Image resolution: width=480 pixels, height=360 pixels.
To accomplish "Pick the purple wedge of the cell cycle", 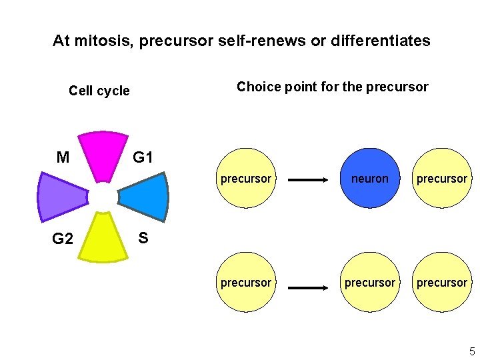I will (61, 197).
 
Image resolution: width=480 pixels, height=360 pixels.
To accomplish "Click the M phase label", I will (63, 158).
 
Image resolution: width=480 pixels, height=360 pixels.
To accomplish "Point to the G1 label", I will (143, 158).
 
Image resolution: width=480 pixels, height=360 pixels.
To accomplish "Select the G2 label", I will (63, 239).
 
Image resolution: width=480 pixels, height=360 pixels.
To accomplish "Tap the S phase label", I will (143, 237).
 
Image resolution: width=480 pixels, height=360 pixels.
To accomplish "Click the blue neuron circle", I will (369, 179).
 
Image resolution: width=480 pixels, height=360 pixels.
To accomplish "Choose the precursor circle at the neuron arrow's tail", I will (246, 179).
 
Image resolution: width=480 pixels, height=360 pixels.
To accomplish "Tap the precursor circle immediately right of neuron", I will (442, 179).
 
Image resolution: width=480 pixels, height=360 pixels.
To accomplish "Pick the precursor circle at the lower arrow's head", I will (369, 283).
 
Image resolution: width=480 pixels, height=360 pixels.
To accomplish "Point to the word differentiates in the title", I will (381, 41).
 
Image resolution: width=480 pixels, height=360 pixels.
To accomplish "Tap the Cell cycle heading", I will (99, 91).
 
